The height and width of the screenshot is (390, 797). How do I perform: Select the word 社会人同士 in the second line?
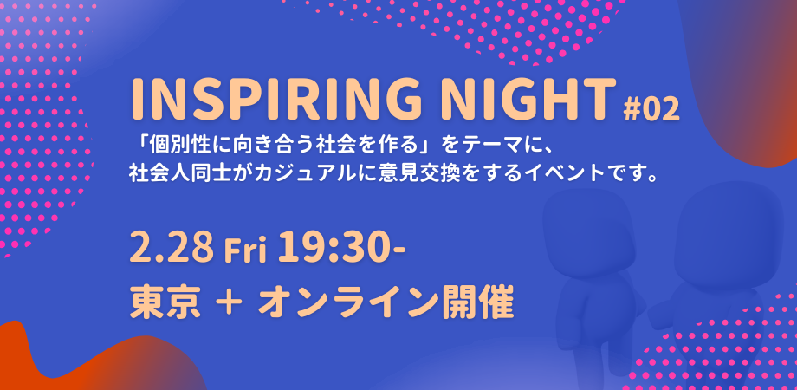pyautogui.click(x=178, y=172)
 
